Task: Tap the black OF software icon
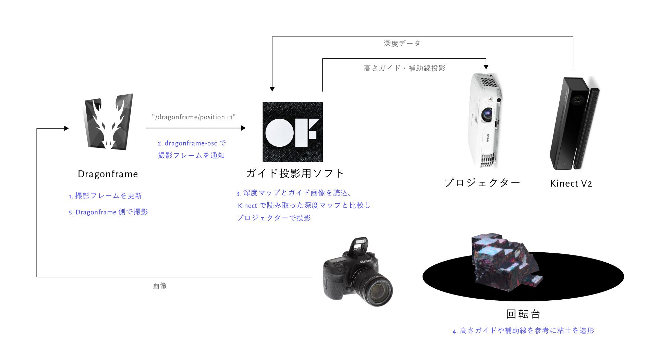pyautogui.click(x=293, y=132)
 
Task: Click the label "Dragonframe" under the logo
pyautogui.click(x=108, y=174)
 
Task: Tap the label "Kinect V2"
pyautogui.click(x=571, y=183)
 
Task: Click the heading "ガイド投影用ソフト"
pyautogui.click(x=295, y=173)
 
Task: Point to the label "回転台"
pyautogui.click(x=523, y=314)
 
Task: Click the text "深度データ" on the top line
pyautogui.click(x=402, y=44)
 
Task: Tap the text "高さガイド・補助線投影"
pyautogui.click(x=404, y=68)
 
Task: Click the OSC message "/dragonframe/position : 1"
pyautogui.click(x=194, y=117)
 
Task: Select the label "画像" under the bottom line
pyautogui.click(x=159, y=286)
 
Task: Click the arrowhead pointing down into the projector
pyautogui.click(x=486, y=67)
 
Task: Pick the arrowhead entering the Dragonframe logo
pyautogui.click(x=66, y=128)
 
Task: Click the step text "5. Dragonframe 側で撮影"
pyautogui.click(x=108, y=212)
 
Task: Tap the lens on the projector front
pyautogui.click(x=487, y=113)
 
